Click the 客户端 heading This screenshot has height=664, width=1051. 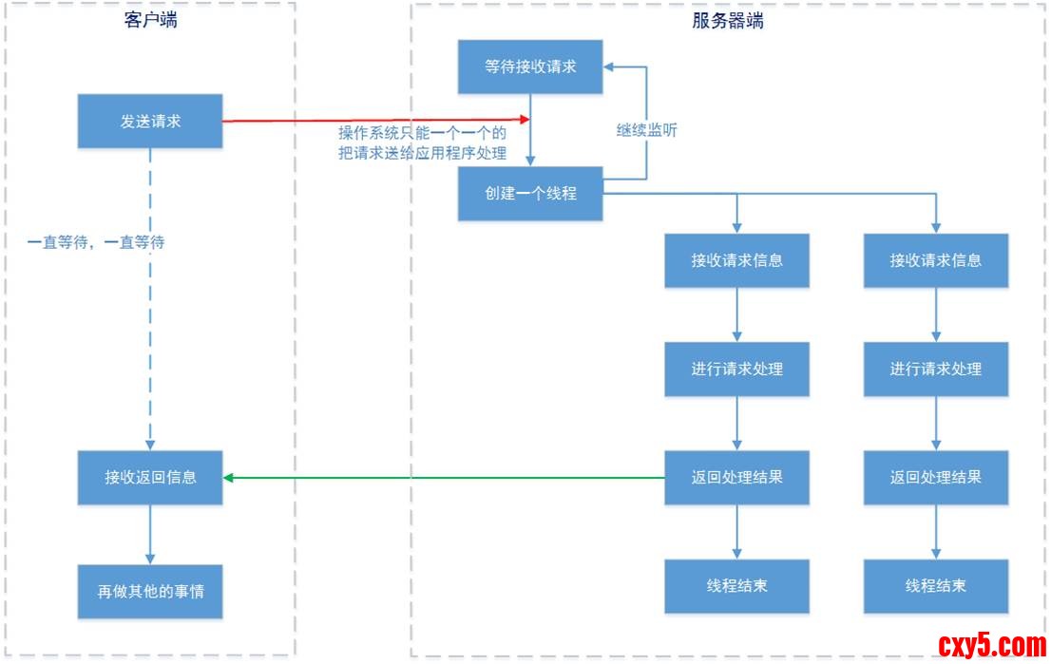pos(150,21)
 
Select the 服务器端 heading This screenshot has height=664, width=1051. pos(728,21)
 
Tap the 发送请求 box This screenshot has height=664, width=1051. pos(150,121)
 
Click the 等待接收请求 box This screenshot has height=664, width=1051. pos(529,66)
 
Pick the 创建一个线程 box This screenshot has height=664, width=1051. pos(529,194)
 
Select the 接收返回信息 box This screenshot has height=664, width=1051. pos(150,477)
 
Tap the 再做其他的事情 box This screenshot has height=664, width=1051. pos(150,591)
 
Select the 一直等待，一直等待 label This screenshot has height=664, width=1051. pos(96,242)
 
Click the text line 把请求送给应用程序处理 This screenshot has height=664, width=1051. pos(422,152)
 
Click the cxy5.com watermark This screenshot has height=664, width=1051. pos(991,646)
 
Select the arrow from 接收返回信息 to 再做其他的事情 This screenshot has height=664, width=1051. pos(150,534)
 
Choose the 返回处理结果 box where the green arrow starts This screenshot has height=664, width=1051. pos(736,477)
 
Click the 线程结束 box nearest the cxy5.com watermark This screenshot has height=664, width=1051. pos(935,585)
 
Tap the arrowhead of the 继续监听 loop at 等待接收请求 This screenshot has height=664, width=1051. pos(609,66)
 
